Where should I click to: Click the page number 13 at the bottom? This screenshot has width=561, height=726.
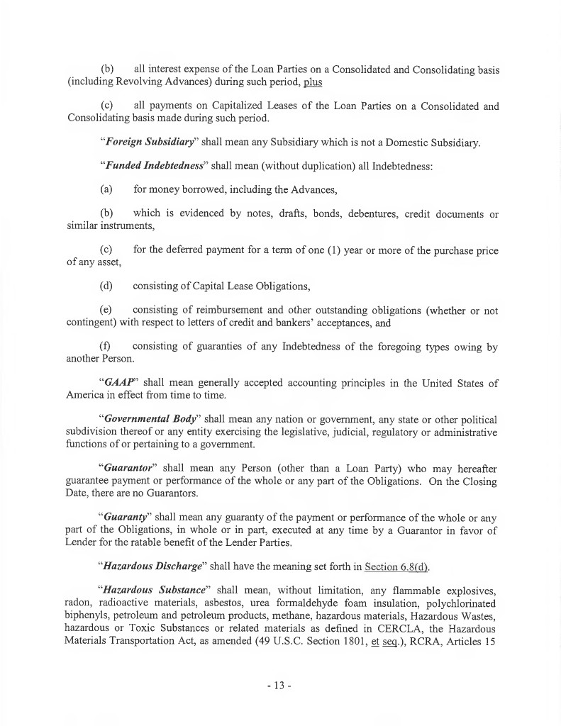point(280,686)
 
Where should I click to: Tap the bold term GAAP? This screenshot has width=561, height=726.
point(121,384)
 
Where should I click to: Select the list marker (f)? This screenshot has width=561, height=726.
point(106,347)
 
